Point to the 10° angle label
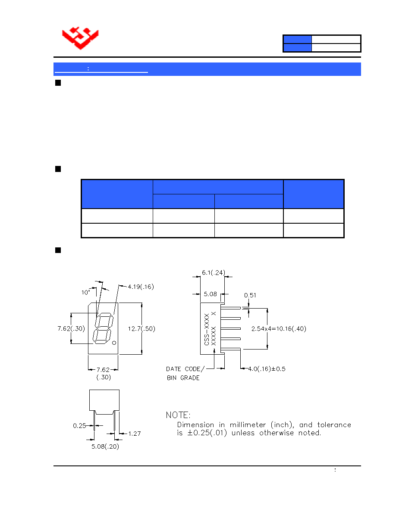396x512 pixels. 85,293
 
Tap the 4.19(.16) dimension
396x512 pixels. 141,287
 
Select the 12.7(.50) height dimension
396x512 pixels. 141,329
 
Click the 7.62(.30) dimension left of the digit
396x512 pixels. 71,328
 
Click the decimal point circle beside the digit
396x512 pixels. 114,343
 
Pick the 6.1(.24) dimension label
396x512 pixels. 214,273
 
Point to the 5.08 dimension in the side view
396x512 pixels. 210,294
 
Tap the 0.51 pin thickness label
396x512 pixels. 250,295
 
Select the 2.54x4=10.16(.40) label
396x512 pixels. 279,329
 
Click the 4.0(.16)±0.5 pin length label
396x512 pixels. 267,369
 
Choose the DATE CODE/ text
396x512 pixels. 185,369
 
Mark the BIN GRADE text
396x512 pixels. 183,378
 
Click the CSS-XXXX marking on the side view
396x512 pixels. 207,329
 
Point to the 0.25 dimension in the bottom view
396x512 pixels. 79,426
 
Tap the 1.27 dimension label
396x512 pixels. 134,434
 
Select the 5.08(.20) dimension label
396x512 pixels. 105,446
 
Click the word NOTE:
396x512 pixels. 178,415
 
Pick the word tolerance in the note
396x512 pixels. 334,425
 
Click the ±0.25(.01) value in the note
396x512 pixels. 207,433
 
